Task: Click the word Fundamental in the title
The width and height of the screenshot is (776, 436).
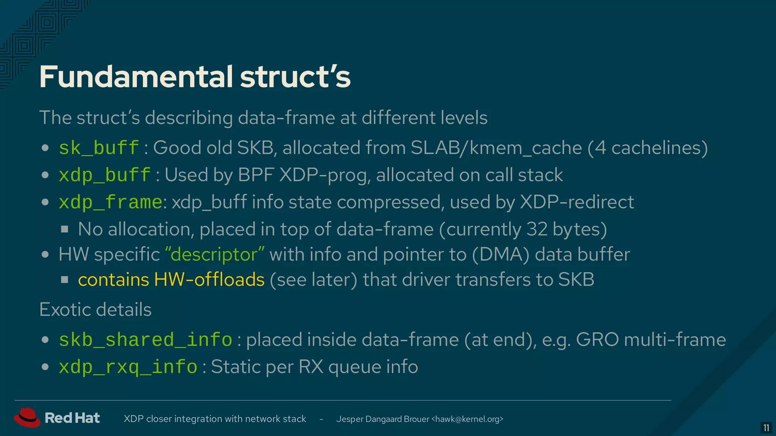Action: pyautogui.click(x=136, y=77)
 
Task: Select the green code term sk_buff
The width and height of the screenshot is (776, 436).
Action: pyautogui.click(x=99, y=148)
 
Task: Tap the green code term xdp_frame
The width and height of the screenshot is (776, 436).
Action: pyautogui.click(x=110, y=202)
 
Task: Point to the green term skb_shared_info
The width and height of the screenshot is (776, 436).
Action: pyautogui.click(x=145, y=339)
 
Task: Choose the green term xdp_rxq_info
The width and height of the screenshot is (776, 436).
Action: pyautogui.click(x=128, y=367)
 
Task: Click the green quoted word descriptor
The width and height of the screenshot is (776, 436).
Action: pyautogui.click(x=215, y=254)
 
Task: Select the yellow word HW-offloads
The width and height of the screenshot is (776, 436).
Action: pyautogui.click(x=209, y=280)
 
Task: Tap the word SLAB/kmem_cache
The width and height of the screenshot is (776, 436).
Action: pyautogui.click(x=496, y=148)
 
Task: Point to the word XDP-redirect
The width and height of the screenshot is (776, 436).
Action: pyautogui.click(x=577, y=202)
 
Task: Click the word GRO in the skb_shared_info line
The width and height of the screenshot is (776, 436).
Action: pyautogui.click(x=597, y=339)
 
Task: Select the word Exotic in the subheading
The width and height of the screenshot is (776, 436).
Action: pyautogui.click(x=63, y=310)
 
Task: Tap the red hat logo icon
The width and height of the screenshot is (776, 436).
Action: pyautogui.click(x=27, y=417)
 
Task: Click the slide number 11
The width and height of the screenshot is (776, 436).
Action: pyautogui.click(x=766, y=428)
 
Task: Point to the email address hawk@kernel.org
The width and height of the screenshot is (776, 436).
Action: pyautogui.click(x=467, y=419)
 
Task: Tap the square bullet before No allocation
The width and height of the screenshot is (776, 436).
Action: pyautogui.click(x=65, y=229)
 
